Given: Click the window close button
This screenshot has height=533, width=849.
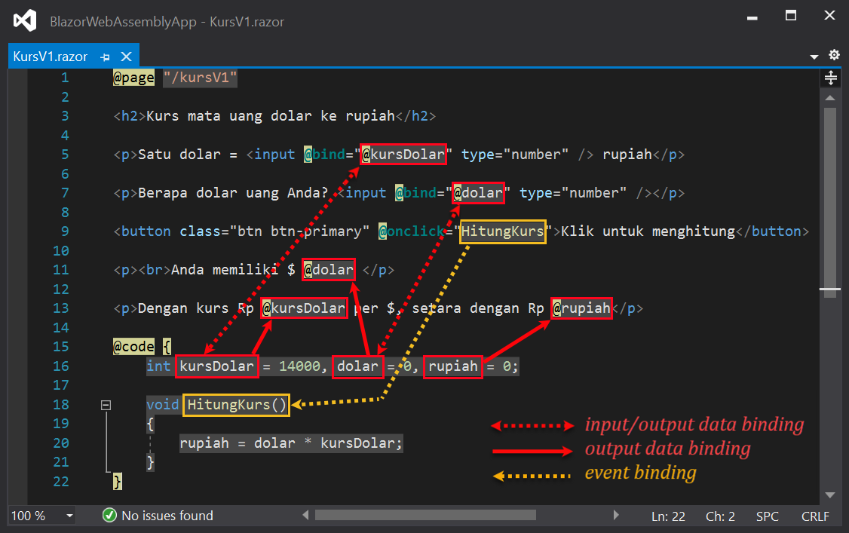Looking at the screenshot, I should pos(829,16).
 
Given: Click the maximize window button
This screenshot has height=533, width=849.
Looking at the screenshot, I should pos(791,16).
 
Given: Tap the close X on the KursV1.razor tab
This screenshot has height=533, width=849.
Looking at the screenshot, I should pos(126,57).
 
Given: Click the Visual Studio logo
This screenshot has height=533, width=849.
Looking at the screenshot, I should pos(25,20).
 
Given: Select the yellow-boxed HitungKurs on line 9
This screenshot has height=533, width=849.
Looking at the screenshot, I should pos(503,231).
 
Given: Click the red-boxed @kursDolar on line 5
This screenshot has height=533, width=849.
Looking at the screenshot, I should pos(404,155).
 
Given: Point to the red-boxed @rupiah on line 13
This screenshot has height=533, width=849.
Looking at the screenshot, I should pos(581,308).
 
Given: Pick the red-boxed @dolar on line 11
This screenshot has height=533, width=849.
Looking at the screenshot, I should pos(328,270).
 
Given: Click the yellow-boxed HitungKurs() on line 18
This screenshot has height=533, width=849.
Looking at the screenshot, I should pos(237,405).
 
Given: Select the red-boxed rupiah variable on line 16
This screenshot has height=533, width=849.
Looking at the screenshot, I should pos(453,366).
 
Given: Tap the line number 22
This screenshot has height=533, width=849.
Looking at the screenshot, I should pos(61,481).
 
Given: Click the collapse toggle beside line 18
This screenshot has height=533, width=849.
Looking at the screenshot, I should pos(106,405).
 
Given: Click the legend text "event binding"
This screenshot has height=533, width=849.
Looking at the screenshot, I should pos(640,473).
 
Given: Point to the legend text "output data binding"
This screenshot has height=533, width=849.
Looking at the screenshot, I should pos(667,449).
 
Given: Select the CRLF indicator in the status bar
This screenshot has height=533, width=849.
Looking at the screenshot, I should pos(815,516).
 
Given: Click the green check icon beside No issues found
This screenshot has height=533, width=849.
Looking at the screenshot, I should pos(110,516).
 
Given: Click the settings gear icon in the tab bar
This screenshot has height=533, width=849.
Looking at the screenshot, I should pos(834,55).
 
